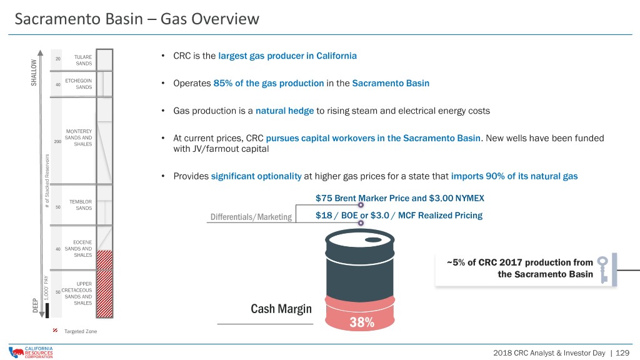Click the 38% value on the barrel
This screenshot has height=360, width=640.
[x=362, y=322]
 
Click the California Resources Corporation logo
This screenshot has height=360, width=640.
[x=31, y=352]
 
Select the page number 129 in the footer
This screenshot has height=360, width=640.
[x=622, y=352]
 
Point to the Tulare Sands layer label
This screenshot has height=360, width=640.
[x=83, y=60]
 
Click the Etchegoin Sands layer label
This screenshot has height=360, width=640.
[x=78, y=84]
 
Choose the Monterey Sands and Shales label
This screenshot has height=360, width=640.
[x=78, y=137]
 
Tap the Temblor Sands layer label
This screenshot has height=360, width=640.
[x=81, y=205]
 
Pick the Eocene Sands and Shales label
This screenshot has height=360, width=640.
[x=78, y=249]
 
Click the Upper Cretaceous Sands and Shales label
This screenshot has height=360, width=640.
[x=77, y=294]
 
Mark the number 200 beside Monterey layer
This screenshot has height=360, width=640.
[x=57, y=142]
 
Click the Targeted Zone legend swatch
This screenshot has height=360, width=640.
[x=55, y=331]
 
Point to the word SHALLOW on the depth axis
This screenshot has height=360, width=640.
[x=34, y=72]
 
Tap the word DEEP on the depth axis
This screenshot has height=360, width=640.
[x=35, y=305]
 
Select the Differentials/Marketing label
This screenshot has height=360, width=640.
[x=251, y=217]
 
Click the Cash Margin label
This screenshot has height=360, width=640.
[x=281, y=309]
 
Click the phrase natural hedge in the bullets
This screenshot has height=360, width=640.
[x=284, y=111]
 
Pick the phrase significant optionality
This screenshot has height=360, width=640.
[x=256, y=176]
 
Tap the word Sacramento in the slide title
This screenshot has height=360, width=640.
[x=79, y=19]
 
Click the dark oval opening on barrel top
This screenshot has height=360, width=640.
[x=373, y=239]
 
